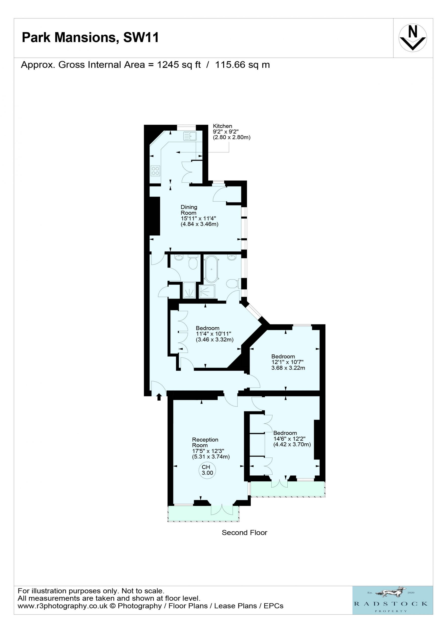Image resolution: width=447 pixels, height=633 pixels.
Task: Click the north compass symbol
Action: (413, 38)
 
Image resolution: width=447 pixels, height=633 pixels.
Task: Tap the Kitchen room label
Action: (222, 126)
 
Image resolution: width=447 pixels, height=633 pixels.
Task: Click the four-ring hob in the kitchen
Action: (155, 171)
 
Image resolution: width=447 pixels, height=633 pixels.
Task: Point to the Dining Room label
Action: (189, 210)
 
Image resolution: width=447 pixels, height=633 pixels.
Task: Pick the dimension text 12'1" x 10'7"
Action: (287, 362)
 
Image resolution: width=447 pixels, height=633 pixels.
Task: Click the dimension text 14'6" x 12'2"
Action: (289, 439)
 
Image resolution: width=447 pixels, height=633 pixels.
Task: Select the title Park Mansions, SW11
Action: (90, 38)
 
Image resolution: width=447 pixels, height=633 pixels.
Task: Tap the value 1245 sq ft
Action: (179, 65)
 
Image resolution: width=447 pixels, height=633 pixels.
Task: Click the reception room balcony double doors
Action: (222, 510)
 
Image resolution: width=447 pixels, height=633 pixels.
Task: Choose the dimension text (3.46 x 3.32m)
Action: (215, 339)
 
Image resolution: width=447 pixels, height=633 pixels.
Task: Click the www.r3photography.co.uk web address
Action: (63, 606)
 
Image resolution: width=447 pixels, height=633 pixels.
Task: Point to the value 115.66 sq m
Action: (242, 65)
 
